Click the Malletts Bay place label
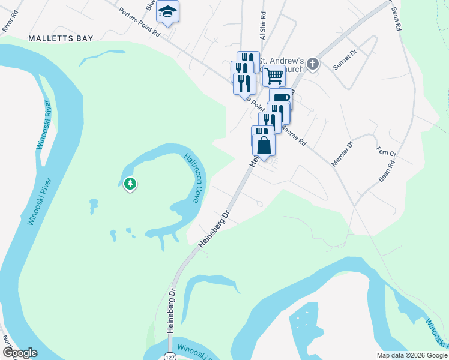61,38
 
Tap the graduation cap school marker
169,11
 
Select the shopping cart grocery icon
274,76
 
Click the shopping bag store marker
264,145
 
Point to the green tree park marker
130,184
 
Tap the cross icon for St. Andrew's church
313,64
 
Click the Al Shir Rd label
262,23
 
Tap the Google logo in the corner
20,353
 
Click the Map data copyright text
411,355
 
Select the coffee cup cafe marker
280,97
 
